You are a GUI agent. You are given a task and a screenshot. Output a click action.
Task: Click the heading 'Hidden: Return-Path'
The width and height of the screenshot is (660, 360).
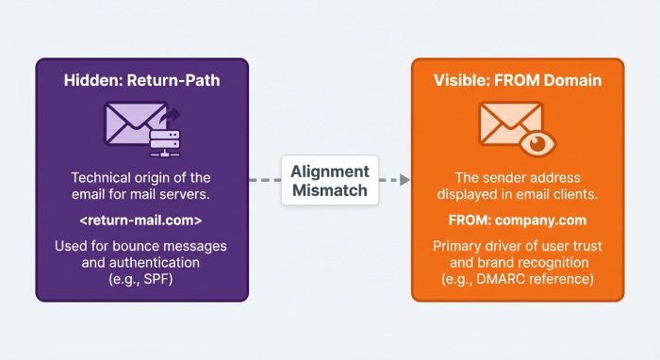[141, 81]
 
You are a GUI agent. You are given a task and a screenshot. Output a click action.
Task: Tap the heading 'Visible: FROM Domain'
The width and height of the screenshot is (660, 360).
[519, 81]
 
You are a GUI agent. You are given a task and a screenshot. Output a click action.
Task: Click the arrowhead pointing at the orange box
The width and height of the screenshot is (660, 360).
[404, 180]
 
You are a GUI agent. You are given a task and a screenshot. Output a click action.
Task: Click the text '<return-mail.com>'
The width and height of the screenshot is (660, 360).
[141, 221]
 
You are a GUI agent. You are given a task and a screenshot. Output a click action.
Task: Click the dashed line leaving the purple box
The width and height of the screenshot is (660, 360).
[263, 180]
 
